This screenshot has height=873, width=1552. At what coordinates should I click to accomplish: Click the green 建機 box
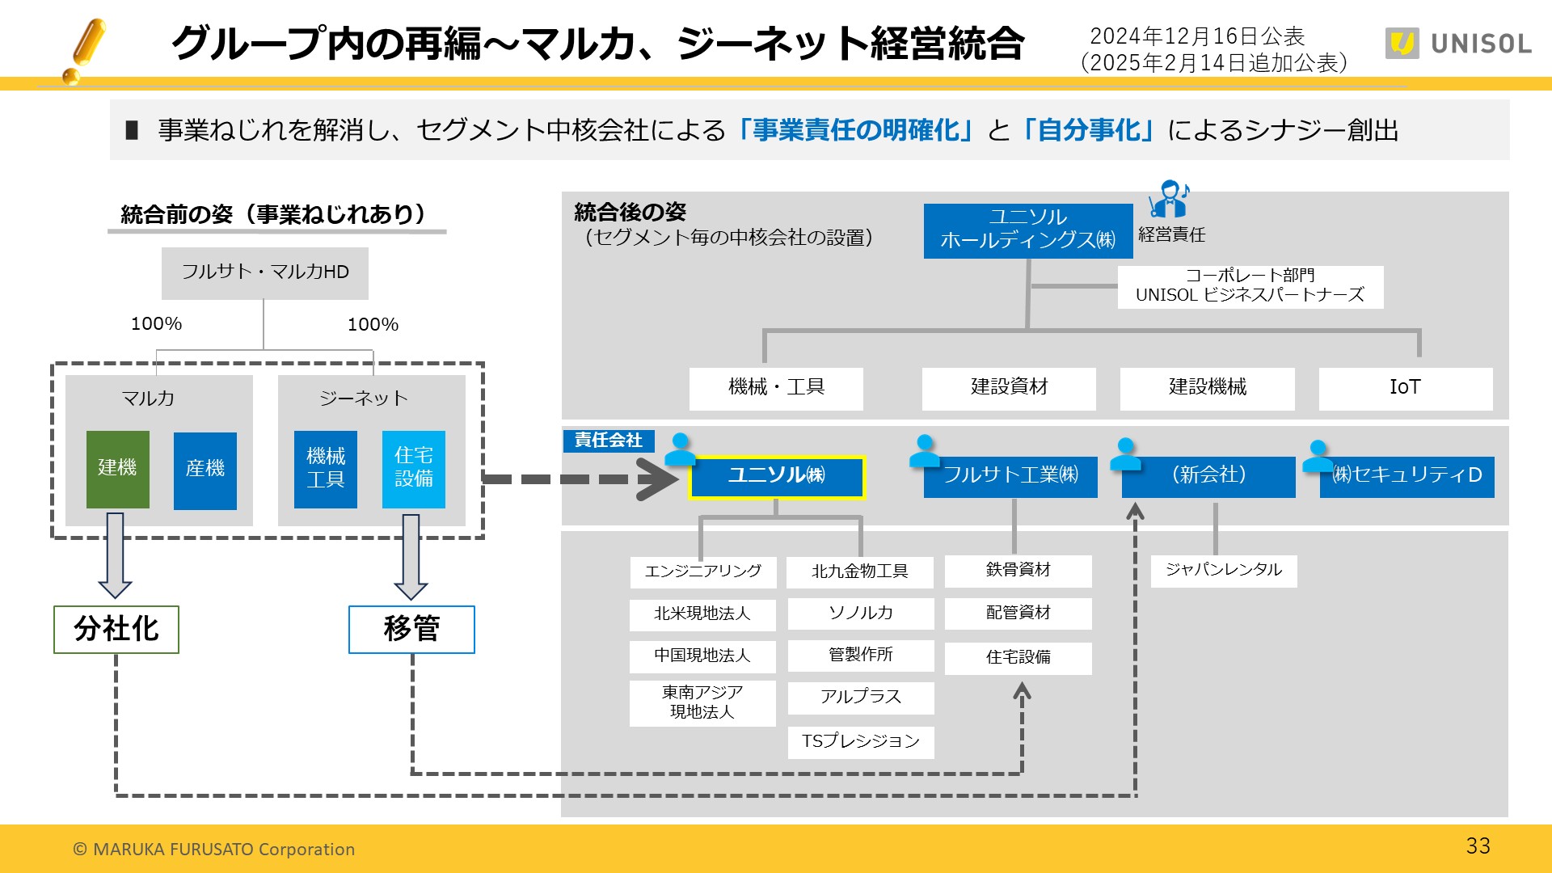pos(117,469)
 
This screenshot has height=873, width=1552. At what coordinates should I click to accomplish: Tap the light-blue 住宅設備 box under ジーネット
pos(413,469)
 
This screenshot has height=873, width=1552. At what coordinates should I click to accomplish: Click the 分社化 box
pos(116,629)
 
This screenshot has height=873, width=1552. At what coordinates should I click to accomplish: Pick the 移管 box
pos(411,629)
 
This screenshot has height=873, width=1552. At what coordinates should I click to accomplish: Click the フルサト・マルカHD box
pos(264,272)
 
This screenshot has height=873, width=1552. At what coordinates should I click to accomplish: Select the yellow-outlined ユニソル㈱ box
pos(776,476)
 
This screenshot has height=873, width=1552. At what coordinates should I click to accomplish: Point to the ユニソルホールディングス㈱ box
pos(1027,230)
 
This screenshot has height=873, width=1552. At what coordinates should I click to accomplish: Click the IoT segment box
pos(1405,388)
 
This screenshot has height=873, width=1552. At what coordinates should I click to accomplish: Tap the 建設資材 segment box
pos(1009,388)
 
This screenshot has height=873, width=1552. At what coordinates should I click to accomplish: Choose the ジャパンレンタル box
pos(1223,570)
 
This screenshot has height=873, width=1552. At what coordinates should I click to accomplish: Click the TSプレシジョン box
pos(860,741)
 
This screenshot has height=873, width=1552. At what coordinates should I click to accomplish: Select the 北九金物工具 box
pos(860,571)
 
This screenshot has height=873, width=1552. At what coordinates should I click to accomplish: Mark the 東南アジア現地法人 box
pos(702,702)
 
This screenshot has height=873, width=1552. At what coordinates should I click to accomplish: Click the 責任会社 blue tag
pos(608,441)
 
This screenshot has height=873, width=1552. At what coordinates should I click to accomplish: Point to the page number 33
pos(1478,846)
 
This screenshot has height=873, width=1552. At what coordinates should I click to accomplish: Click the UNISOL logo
pos(1458,44)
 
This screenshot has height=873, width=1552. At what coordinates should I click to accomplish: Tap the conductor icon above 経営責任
pos(1169,200)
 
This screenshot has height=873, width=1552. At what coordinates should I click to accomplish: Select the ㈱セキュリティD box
pos(1406,476)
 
